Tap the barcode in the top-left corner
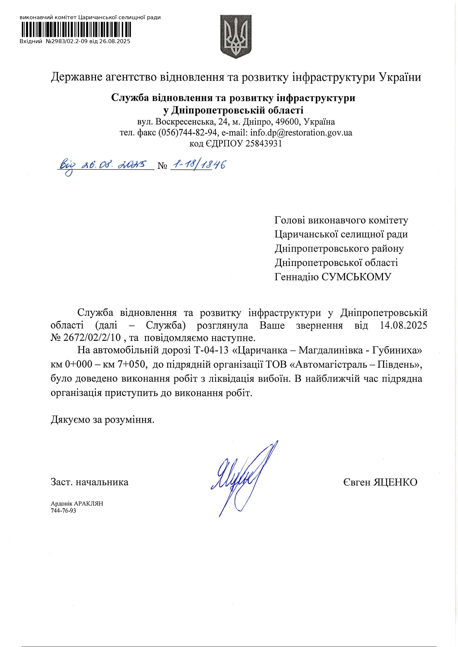tap(76, 30)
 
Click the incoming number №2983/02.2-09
tap(67, 41)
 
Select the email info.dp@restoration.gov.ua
tap(301, 132)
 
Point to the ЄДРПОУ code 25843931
tap(264, 143)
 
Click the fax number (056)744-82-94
tap(188, 132)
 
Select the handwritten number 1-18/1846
tap(199, 165)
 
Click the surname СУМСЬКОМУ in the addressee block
tap(356, 277)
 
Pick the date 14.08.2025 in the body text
tap(403, 325)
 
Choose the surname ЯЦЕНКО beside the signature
tap(395, 482)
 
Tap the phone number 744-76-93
tap(63, 511)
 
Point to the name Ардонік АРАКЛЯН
tap(77, 504)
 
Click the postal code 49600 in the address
tap(287, 121)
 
